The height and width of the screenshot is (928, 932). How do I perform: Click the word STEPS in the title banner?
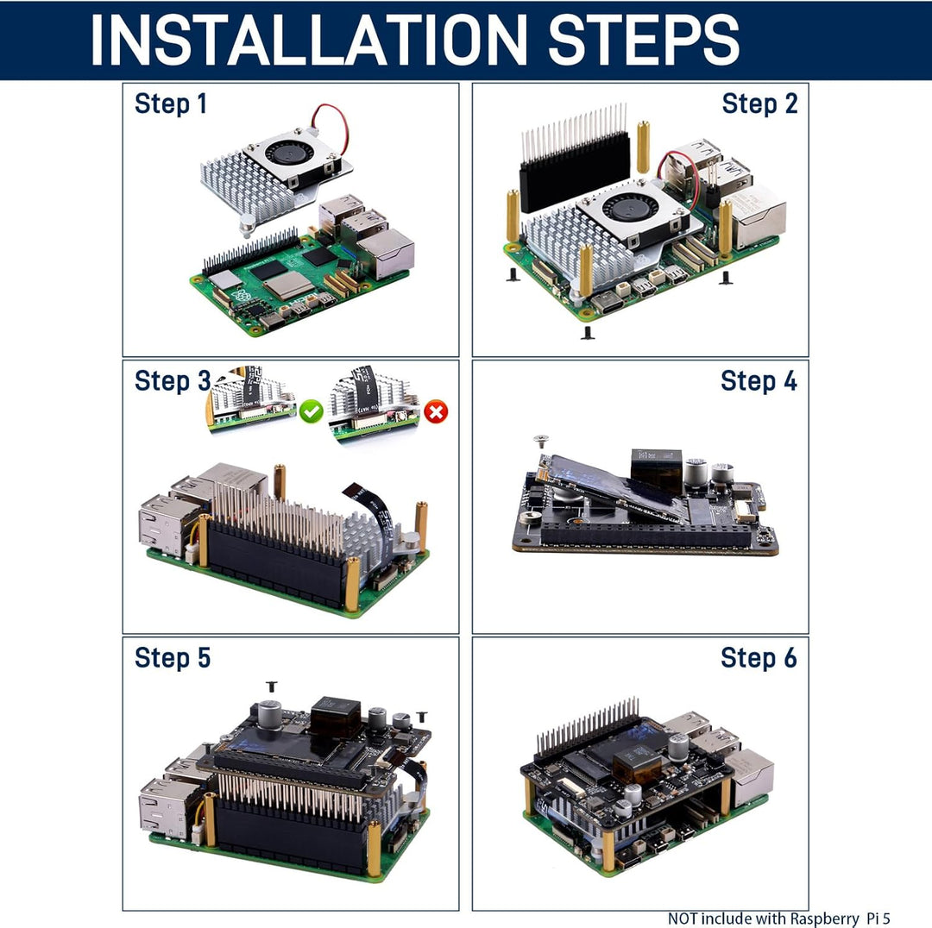click(x=643, y=40)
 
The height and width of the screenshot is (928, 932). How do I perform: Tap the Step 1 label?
click(x=171, y=104)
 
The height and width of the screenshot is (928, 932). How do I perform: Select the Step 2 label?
click(x=759, y=104)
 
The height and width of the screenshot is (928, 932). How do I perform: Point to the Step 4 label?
click(x=759, y=380)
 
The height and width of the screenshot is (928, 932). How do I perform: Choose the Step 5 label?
click(x=173, y=657)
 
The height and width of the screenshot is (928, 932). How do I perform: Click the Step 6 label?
click(x=759, y=657)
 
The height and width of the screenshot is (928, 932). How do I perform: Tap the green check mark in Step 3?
click(x=312, y=411)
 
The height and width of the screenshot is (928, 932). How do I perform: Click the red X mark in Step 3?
click(x=437, y=412)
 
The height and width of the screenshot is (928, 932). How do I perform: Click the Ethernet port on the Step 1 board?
click(x=386, y=254)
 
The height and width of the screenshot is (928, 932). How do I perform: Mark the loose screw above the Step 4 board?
click(x=541, y=442)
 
